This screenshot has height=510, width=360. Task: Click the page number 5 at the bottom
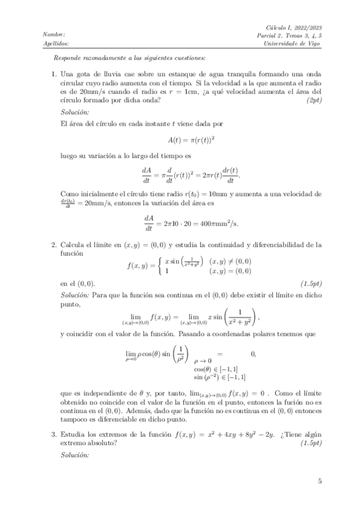tap(320, 481)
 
